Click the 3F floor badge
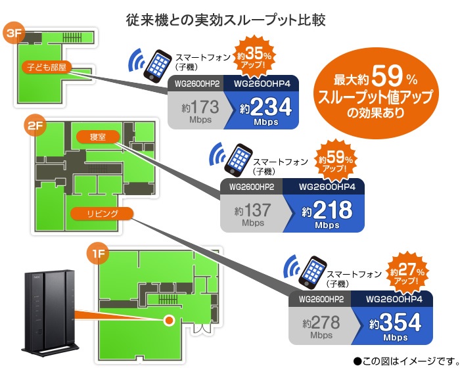(x=14, y=34)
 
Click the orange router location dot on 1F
(x=169, y=320)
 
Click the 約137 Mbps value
(x=253, y=213)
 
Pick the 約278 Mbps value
(x=322, y=325)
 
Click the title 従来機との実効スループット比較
(x=226, y=18)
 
